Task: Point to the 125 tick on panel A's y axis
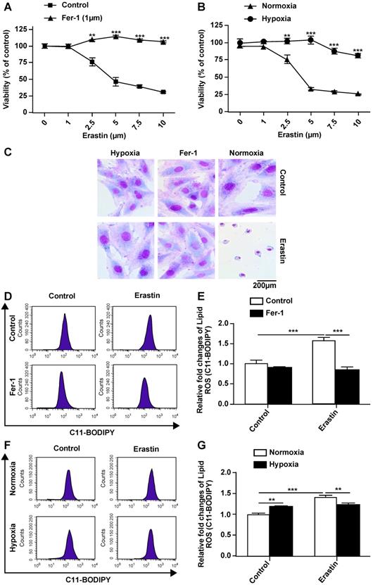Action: [37, 30]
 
